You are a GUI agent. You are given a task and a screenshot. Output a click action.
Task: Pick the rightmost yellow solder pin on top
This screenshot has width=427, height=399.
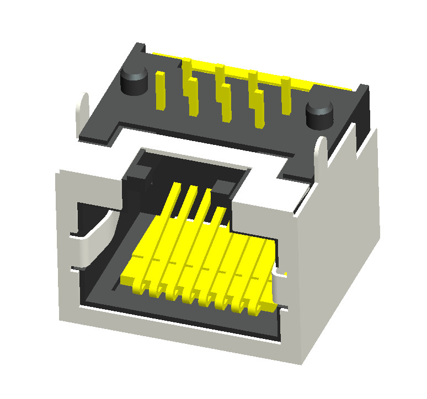[x=286, y=96]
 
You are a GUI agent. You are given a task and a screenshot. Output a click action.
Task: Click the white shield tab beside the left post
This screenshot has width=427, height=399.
[x=83, y=110]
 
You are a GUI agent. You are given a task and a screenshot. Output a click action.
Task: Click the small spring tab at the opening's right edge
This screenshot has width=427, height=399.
[x=280, y=274]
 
